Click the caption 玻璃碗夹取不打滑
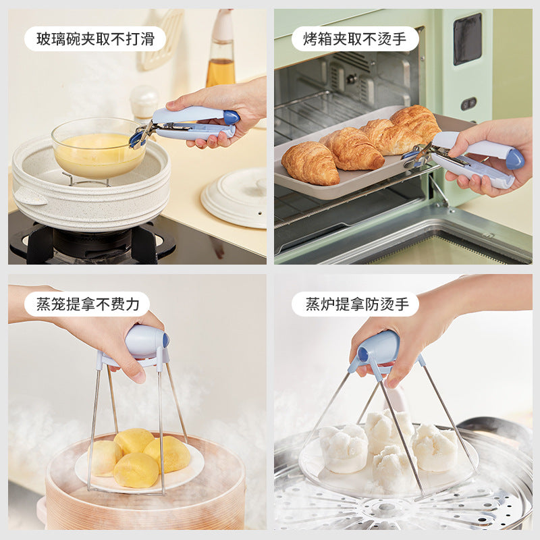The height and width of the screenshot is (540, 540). point(95,39)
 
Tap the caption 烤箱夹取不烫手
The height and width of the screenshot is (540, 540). point(355,39)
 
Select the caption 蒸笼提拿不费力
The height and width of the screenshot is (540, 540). point(88,304)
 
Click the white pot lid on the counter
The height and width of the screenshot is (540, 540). point(234,196)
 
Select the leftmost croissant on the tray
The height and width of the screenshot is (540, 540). point(310,163)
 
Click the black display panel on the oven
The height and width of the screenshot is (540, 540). point(467,39)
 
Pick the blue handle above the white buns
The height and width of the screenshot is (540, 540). point(377,348)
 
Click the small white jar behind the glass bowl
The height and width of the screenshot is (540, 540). point(144,101)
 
